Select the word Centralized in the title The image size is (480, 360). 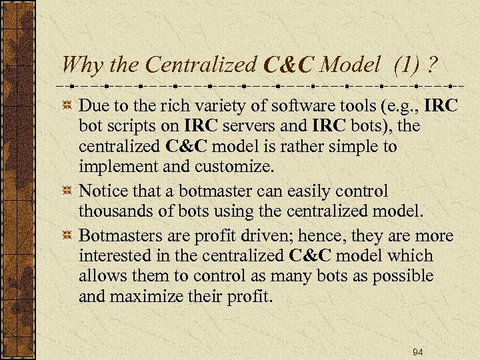tap(201, 64)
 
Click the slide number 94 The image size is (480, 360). tap(418, 351)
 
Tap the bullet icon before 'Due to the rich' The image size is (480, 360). tap(67, 106)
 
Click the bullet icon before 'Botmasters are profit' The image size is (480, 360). tap(67, 237)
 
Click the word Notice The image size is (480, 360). tap(103, 192)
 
